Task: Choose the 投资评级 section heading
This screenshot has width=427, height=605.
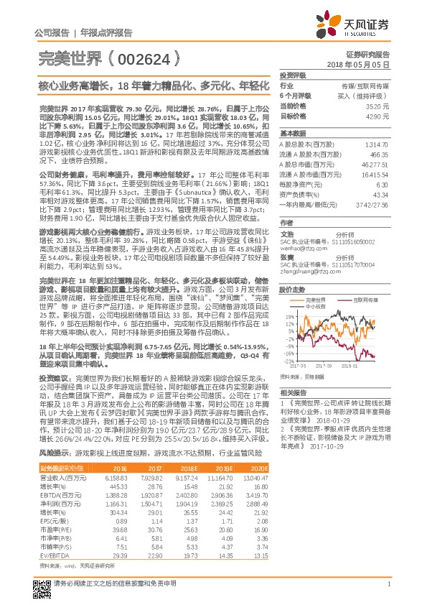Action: coord(293,75)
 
